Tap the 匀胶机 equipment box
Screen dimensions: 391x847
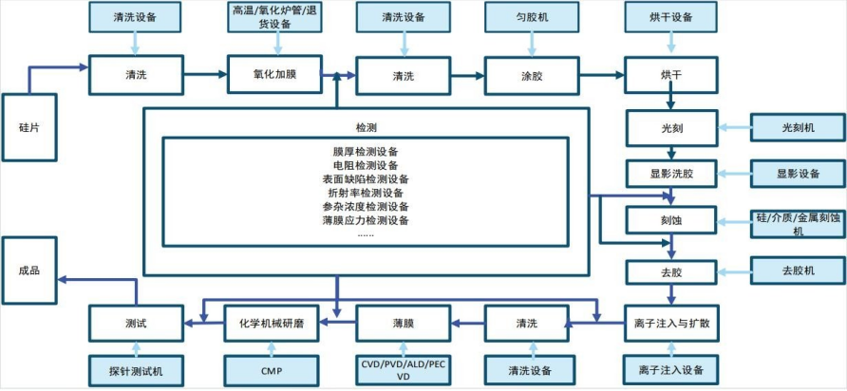point(532,16)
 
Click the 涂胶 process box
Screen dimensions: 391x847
point(532,76)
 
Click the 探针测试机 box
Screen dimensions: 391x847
point(135,370)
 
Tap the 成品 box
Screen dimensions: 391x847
point(29,270)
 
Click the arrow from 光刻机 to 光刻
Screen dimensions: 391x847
point(735,126)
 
